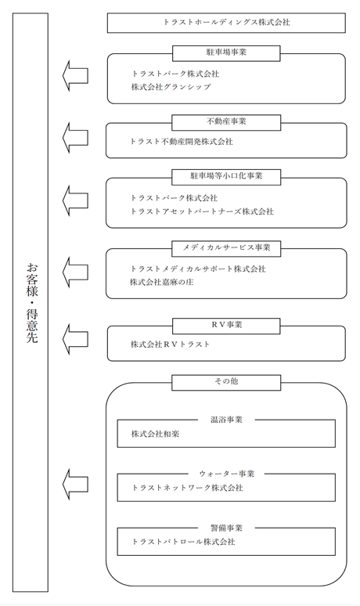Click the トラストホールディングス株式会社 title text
(226, 23)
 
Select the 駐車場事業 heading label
(226, 52)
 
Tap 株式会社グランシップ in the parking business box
(171, 87)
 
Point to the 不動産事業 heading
(226, 121)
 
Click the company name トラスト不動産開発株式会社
(182, 142)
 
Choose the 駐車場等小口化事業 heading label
(226, 176)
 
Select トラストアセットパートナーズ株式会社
(202, 211)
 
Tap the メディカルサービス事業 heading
(226, 247)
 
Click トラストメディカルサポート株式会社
(198, 269)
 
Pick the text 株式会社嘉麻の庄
(161, 282)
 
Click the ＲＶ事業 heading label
(226, 325)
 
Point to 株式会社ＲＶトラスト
(171, 344)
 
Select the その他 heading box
(226, 382)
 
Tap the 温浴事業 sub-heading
(226, 420)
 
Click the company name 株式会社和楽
(155, 434)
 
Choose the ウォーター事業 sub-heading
(226, 474)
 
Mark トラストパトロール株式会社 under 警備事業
(183, 542)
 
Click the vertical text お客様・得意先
(31, 303)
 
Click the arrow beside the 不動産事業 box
(75, 138)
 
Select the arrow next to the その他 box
(75, 485)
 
